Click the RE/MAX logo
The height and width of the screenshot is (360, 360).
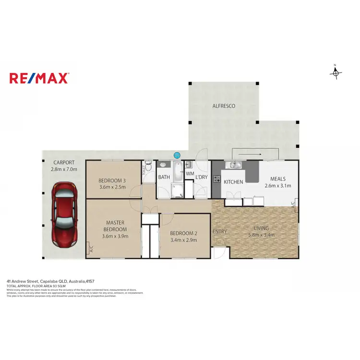[39, 78]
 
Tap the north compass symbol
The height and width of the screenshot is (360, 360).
[336, 72]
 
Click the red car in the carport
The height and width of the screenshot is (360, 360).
[64, 206]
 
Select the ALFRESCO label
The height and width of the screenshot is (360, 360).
[224, 106]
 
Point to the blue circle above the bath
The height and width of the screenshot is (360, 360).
[177, 155]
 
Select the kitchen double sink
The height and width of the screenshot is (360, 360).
[235, 166]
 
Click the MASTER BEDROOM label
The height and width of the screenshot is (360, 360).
[116, 226]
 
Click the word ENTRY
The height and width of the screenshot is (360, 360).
[220, 232]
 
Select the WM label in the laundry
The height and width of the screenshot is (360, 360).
[190, 173]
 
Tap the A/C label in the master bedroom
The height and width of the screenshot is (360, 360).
[90, 249]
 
